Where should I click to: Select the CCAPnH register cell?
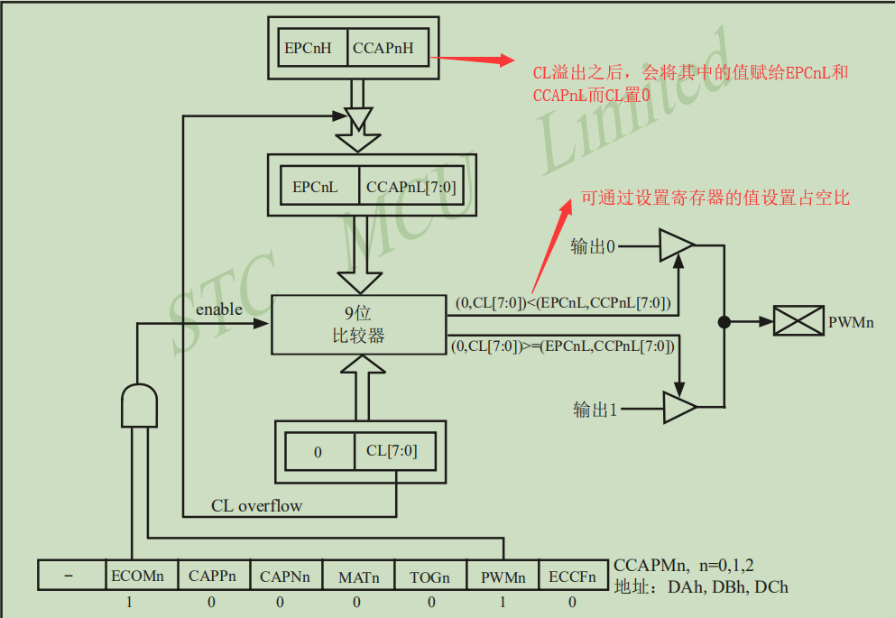(383, 48)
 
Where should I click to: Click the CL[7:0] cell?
(392, 451)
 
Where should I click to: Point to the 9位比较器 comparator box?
(358, 325)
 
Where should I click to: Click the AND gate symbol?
(139, 405)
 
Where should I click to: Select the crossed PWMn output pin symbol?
(798, 321)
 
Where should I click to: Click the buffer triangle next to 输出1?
(678, 409)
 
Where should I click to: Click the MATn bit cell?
(358, 576)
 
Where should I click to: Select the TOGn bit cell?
(430, 576)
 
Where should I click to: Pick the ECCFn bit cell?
(573, 576)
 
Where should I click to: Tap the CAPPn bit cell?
(212, 576)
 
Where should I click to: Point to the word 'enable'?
(219, 309)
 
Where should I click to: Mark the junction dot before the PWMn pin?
(723, 321)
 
